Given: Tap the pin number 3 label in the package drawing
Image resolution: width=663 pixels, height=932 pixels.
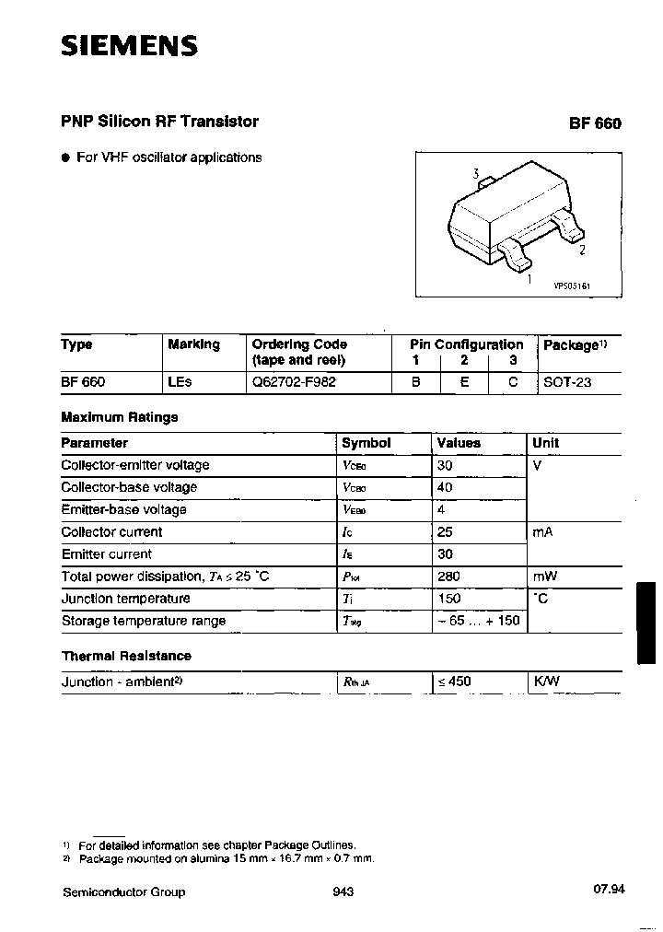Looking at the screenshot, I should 475,174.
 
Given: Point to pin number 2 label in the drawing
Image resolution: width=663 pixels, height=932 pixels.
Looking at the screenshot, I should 582,249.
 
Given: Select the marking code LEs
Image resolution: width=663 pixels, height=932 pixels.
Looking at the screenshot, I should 180,381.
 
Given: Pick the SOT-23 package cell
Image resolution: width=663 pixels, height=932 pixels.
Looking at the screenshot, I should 567,381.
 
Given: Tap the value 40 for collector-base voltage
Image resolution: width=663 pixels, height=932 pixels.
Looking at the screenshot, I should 445,487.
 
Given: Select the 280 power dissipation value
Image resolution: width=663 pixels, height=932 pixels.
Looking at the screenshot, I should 449,577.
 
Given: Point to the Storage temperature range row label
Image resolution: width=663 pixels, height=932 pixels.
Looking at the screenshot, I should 143,621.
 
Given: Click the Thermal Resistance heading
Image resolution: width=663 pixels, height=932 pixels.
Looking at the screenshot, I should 126,656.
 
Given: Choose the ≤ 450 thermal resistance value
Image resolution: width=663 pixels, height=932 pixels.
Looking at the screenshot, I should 454,682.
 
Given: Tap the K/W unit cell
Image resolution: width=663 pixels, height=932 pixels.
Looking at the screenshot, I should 546,682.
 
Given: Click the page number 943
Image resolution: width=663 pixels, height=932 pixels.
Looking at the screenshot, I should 341,891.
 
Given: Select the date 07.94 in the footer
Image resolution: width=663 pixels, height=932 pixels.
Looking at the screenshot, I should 609,890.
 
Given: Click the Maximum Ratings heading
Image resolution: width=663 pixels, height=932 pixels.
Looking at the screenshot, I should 119,417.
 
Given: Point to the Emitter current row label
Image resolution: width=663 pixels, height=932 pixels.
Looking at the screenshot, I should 106,554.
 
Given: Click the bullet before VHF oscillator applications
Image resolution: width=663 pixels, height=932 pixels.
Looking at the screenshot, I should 65,158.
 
